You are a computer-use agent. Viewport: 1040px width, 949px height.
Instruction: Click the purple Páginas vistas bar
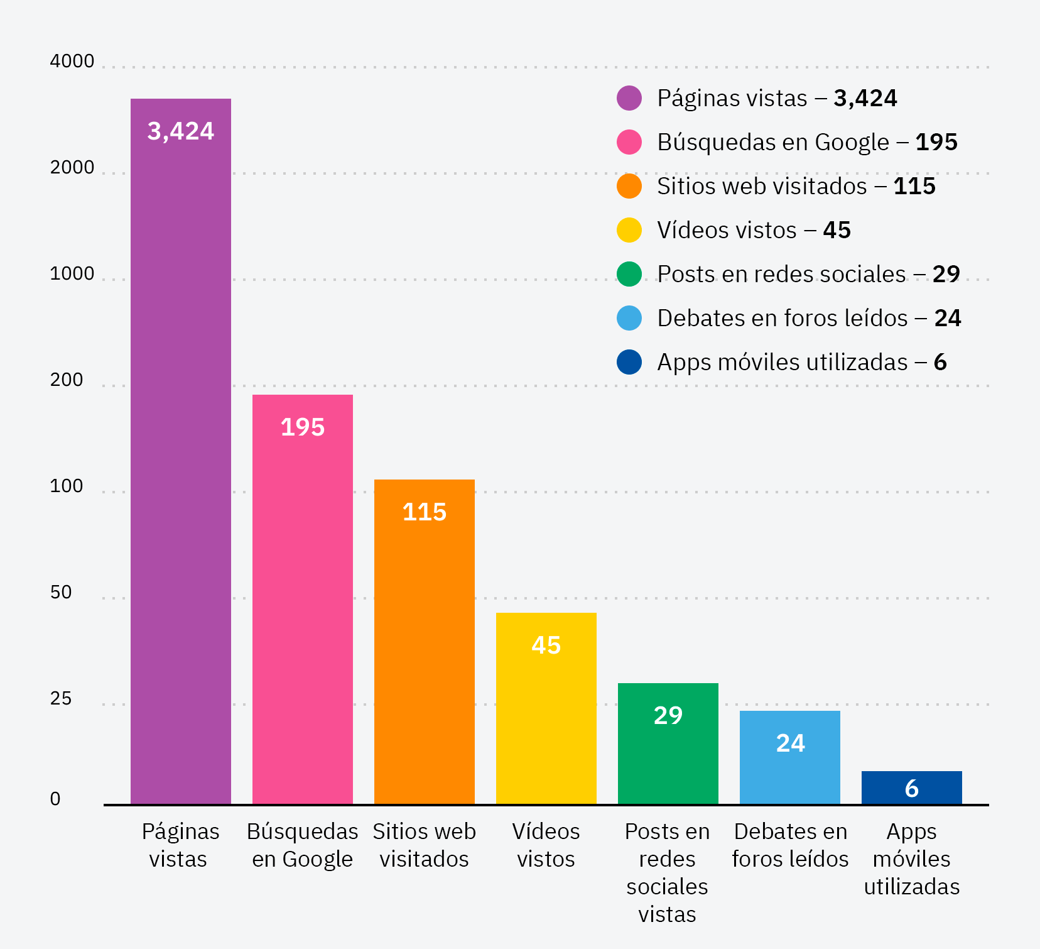[x=181, y=453]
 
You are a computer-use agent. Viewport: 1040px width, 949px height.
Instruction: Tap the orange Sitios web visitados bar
[x=425, y=641]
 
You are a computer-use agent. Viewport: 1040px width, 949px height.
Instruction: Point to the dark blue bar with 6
[x=912, y=788]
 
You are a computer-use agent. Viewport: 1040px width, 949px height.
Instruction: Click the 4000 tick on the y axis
[x=72, y=62]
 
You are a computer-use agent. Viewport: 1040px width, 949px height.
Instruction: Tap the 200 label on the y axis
[x=67, y=380]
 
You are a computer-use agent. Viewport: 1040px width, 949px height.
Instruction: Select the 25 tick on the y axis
[x=61, y=699]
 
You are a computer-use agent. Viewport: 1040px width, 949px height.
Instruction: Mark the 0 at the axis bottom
[x=55, y=799]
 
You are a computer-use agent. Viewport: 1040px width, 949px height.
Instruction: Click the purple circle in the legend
[x=629, y=98]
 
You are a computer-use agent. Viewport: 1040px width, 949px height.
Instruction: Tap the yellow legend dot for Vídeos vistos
[x=629, y=230]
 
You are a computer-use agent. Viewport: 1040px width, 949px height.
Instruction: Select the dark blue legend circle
[x=629, y=362]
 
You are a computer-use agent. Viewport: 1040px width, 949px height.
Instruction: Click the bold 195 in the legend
[x=936, y=142]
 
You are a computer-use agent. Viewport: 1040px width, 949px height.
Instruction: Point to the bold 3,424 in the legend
[x=865, y=98]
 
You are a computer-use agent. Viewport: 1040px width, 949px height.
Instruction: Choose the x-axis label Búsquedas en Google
[x=303, y=845]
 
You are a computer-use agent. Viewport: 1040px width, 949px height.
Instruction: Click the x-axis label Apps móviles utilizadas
[x=912, y=859]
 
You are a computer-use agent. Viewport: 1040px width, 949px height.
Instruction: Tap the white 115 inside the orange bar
[x=425, y=512]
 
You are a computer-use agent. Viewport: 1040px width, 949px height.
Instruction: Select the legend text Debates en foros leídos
[x=782, y=318]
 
